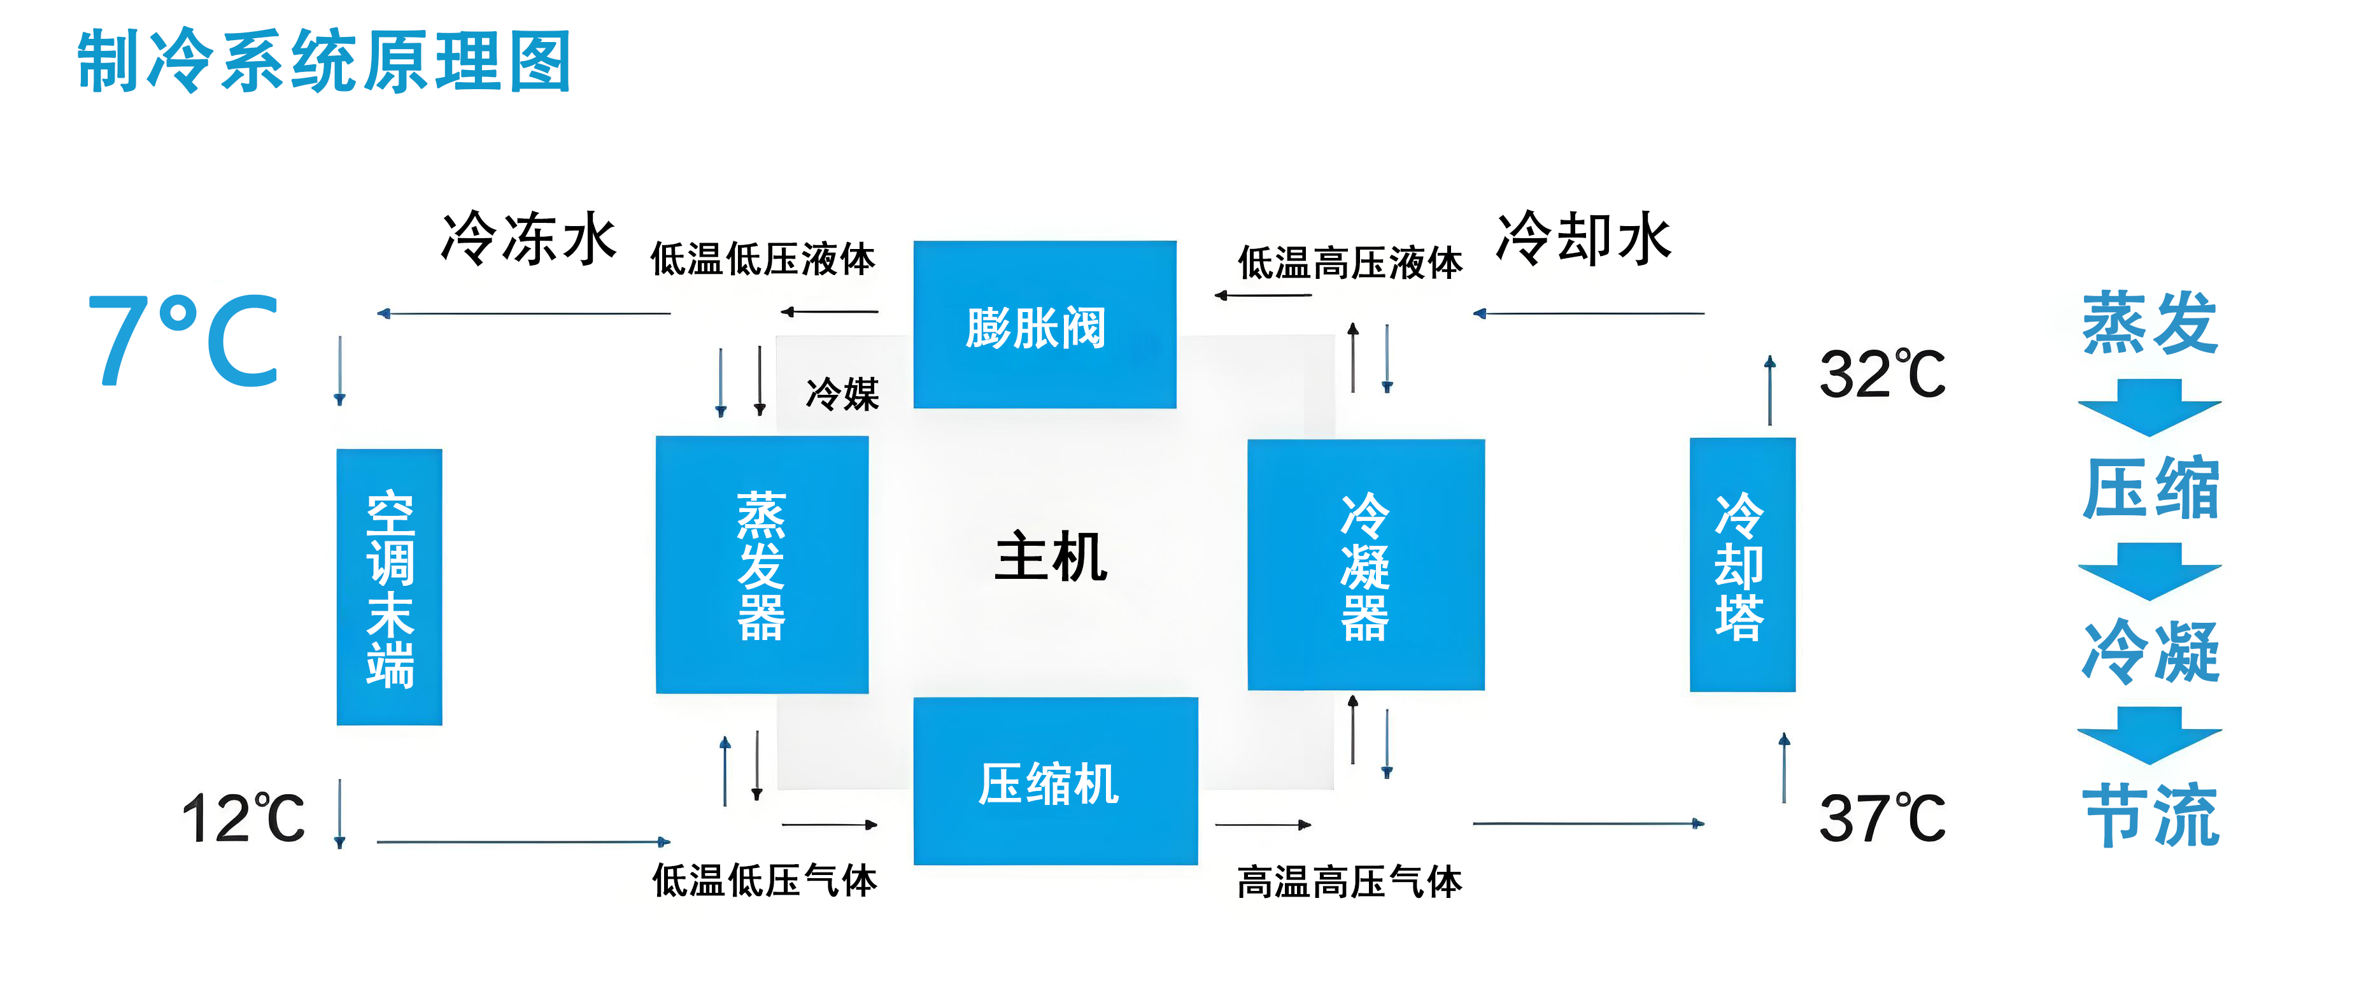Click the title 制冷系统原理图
tap(323, 62)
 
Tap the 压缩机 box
tap(1054, 781)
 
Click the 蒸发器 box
tap(762, 565)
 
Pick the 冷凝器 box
tap(1365, 565)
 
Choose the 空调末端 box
tap(390, 587)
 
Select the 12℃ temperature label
tap(243, 818)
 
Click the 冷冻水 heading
tap(528, 238)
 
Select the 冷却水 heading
tap(1583, 238)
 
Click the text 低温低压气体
tap(764, 880)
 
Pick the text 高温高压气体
tap(1349, 882)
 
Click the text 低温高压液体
tap(1349, 262)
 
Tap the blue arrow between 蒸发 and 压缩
tap(2150, 407)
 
